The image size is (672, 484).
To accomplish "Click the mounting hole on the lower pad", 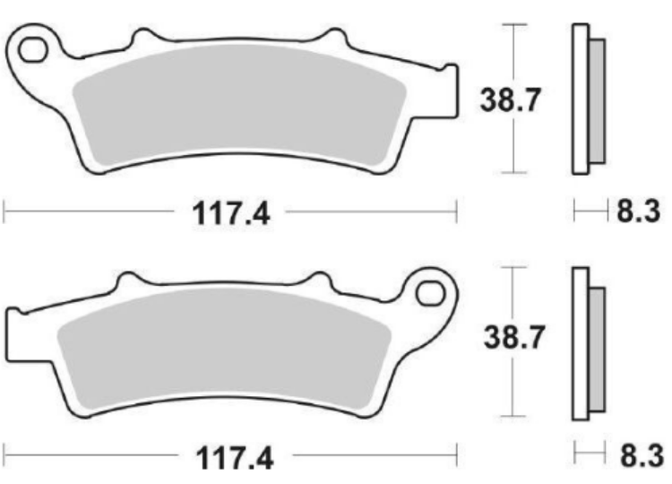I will [x=431, y=290].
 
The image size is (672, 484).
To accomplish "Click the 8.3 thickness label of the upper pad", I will [x=637, y=212].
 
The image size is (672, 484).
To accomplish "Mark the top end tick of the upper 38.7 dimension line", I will [x=512, y=24].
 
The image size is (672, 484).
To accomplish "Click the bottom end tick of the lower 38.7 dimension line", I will [x=512, y=416].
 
